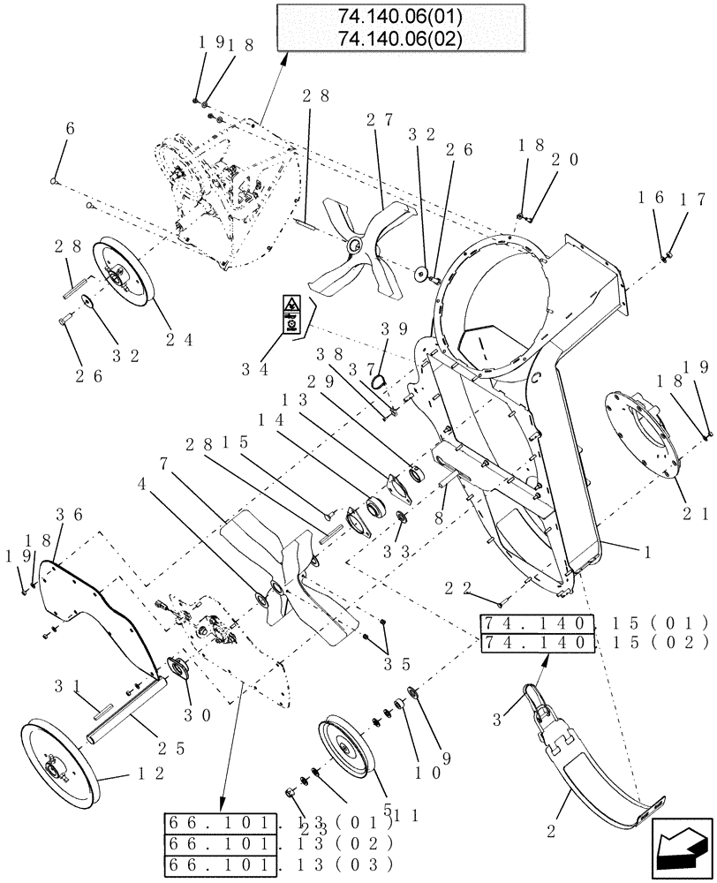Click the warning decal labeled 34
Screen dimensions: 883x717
pyautogui.click(x=290, y=313)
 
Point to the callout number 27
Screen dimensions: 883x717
pyautogui.click(x=385, y=120)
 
